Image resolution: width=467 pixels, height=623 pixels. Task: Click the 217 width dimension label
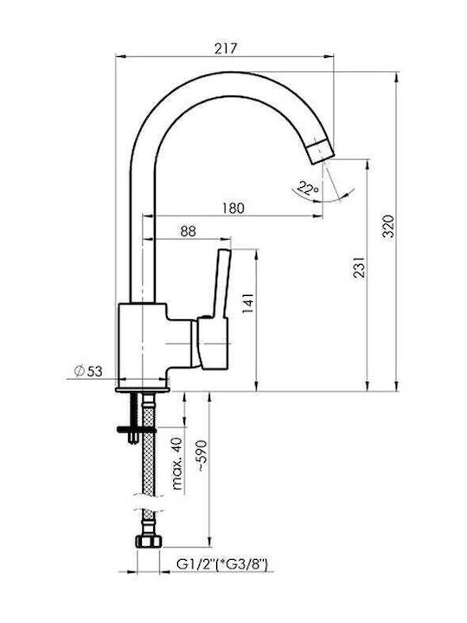point(225,48)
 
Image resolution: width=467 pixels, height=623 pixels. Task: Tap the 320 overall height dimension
point(388,226)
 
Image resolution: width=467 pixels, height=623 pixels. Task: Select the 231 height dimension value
point(359,267)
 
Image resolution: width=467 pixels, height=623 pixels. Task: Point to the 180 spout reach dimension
point(233,209)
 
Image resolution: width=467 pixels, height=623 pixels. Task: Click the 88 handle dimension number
point(188,231)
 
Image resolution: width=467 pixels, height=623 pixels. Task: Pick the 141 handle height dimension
point(247,303)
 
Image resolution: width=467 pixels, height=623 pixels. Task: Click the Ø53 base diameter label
point(88,371)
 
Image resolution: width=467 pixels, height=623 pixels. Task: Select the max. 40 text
point(177,463)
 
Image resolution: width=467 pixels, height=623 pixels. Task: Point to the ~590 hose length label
point(202,456)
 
